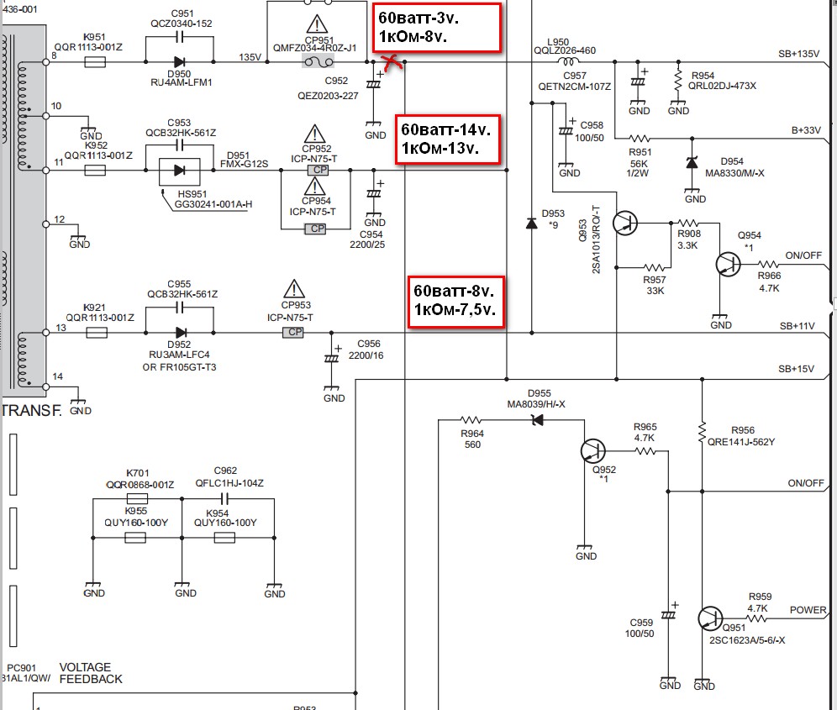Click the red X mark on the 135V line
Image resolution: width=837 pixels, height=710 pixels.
pyautogui.click(x=392, y=62)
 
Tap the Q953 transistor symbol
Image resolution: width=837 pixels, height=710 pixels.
pyautogui.click(x=625, y=224)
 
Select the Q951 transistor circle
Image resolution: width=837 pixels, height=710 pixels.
pyautogui.click(x=710, y=618)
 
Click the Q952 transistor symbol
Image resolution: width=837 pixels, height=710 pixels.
pyautogui.click(x=593, y=451)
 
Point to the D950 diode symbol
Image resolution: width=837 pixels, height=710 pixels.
pyautogui.click(x=179, y=62)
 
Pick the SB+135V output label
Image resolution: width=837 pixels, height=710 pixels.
pyautogui.click(x=798, y=54)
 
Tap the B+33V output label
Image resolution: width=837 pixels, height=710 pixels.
pyautogui.click(x=806, y=130)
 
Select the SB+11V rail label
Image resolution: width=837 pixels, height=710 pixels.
pyautogui.click(x=797, y=326)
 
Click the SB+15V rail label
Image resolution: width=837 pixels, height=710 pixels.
pyautogui.click(x=797, y=368)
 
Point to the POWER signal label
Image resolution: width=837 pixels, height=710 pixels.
pyautogui.click(x=808, y=610)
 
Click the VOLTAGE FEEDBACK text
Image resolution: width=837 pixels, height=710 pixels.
pyautogui.click(x=91, y=673)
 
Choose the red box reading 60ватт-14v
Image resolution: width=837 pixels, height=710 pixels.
pyautogui.click(x=448, y=139)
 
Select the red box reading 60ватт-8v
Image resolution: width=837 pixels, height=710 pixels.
pyautogui.click(x=455, y=301)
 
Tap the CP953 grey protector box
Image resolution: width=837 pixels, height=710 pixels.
pyautogui.click(x=293, y=332)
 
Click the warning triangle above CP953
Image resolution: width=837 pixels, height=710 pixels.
pyautogui.click(x=294, y=289)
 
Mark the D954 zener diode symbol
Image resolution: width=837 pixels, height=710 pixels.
pyautogui.click(x=692, y=162)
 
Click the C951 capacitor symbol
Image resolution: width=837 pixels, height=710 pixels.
pyautogui.click(x=180, y=37)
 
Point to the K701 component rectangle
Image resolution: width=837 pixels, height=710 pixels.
pyautogui.click(x=137, y=498)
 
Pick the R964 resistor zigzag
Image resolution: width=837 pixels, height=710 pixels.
pyautogui.click(x=471, y=420)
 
